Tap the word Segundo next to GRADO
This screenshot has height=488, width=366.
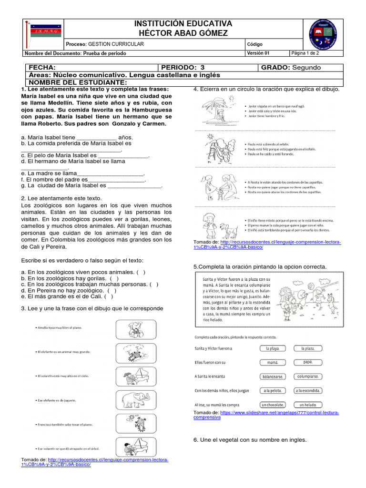(307, 68)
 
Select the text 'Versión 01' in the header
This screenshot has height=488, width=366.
(260, 53)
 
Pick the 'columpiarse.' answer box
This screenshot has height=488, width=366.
(310, 376)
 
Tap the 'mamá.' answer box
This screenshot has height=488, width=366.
(273, 362)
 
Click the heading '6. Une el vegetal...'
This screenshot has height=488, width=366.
(250, 440)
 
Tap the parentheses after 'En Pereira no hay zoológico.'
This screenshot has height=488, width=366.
(112, 290)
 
